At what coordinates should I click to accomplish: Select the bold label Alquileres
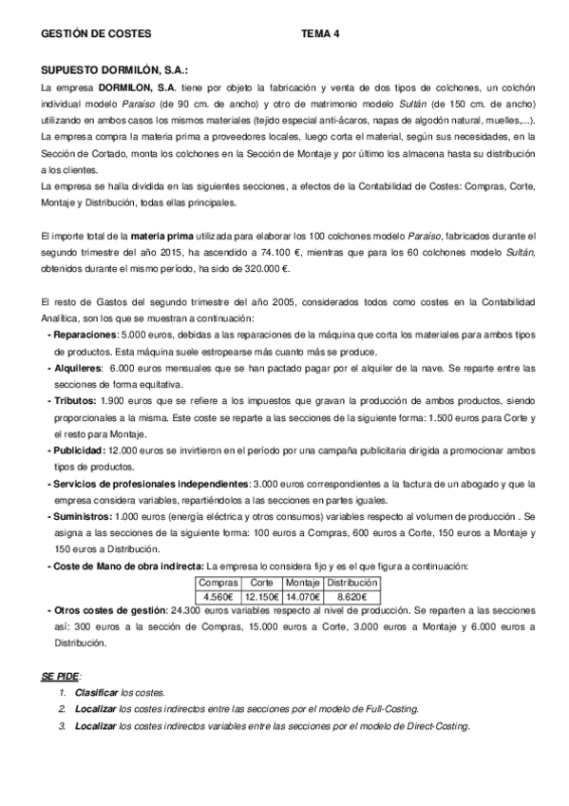(77, 368)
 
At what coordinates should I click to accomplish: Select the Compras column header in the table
(218, 582)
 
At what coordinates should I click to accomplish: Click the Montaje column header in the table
(302, 582)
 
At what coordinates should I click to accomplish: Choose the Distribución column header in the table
(351, 582)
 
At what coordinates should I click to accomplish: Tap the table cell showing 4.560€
(218, 596)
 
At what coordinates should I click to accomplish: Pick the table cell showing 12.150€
(259, 596)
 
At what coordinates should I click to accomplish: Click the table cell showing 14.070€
(302, 596)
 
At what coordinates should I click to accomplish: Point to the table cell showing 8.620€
(351, 596)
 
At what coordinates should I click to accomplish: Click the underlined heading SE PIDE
(61, 676)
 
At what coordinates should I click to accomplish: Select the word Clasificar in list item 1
(96, 694)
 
